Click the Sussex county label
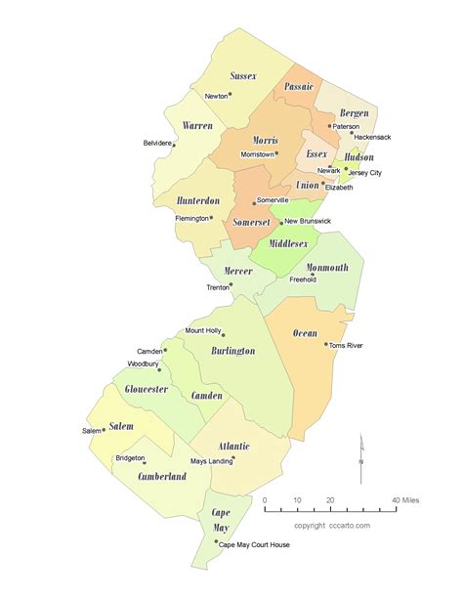coord(243,75)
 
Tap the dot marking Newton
coord(232,95)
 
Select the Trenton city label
coord(217,287)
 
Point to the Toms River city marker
coord(326,343)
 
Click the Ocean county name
coord(305,333)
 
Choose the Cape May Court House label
coord(255,545)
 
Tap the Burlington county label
coord(233,350)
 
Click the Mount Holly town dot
coord(224,334)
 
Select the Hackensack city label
coord(372,137)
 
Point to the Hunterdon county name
coord(198,200)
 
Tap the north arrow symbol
coord(360,458)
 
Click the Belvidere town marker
coord(177,144)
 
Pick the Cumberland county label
coord(162,477)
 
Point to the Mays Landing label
coord(211,460)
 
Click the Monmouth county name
coord(327,267)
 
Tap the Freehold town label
coord(302,279)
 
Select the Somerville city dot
coord(255,202)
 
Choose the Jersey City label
coord(364,173)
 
